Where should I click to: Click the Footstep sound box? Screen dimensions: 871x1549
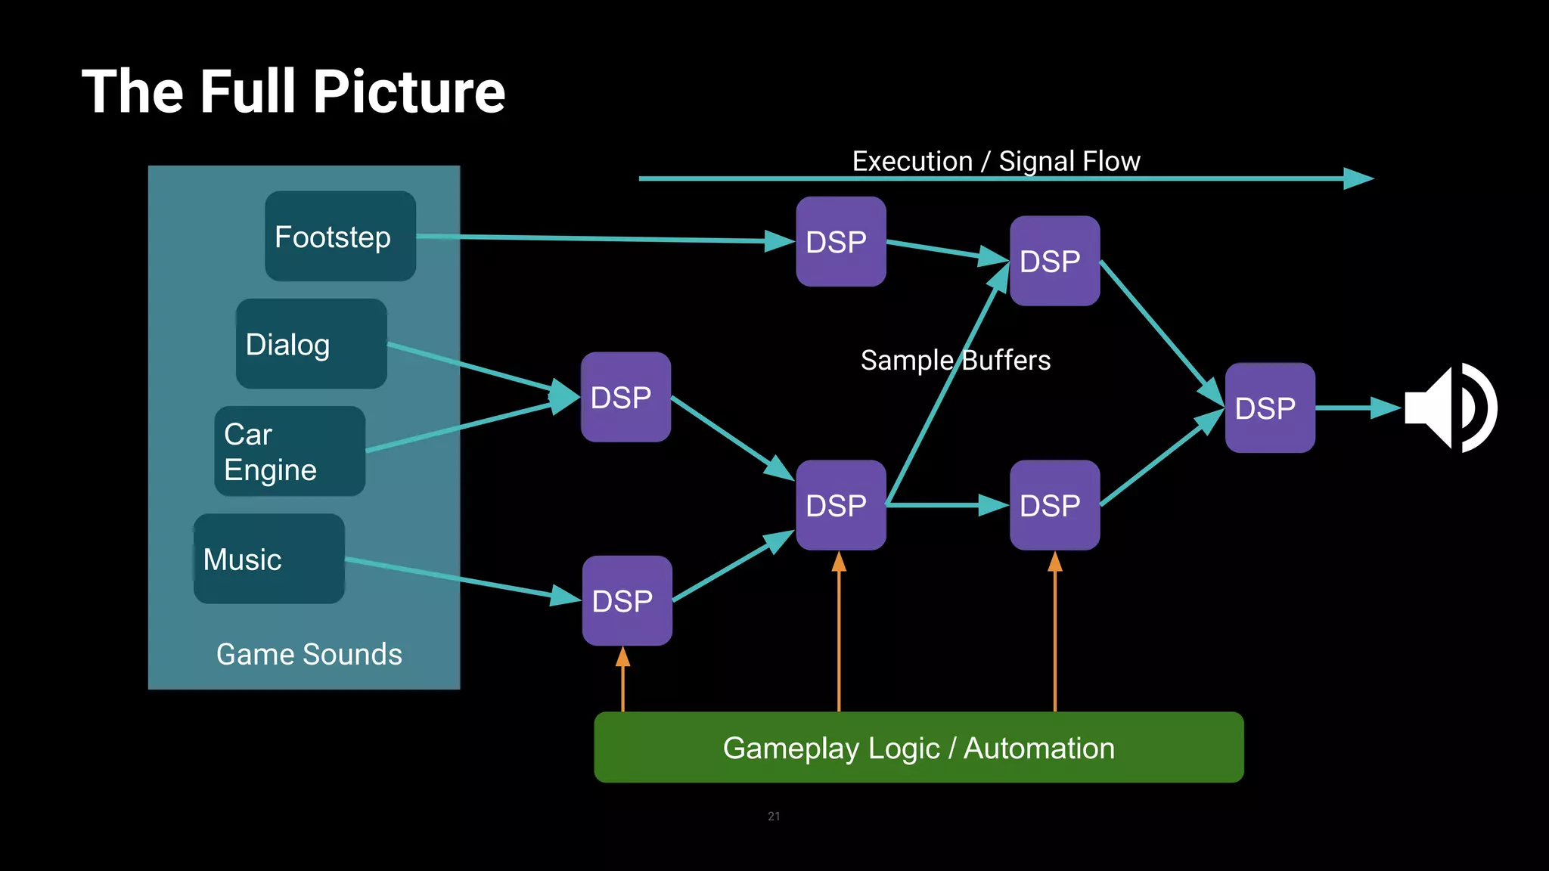point(340,237)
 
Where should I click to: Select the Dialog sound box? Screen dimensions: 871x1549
point(311,344)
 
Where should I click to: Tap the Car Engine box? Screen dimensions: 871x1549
point(290,451)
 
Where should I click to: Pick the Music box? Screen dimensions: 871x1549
point(269,559)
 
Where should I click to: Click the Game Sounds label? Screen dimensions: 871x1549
point(309,654)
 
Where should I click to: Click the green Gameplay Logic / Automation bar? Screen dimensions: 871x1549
point(918,747)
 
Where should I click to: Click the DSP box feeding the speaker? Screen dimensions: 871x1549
point(1269,408)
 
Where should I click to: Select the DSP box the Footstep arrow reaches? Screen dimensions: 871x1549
point(840,241)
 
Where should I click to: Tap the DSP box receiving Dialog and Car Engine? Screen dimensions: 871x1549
point(625,397)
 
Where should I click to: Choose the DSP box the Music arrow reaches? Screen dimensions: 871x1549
point(626,600)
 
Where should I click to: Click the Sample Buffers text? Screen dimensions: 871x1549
point(955,361)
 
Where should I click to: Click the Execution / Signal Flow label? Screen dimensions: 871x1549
point(995,161)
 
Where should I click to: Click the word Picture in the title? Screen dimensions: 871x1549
point(408,91)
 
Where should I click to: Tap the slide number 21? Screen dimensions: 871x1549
point(773,816)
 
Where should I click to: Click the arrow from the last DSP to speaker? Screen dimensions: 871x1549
point(1358,408)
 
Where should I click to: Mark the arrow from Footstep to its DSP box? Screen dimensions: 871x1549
point(605,239)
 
